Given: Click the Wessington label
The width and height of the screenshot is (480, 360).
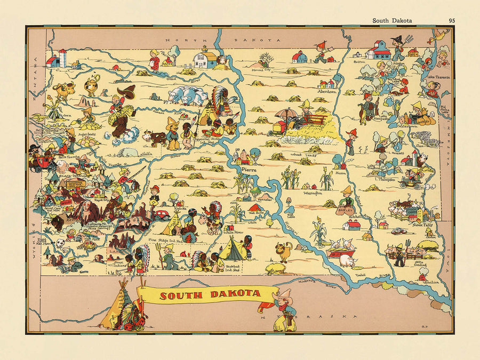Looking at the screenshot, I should pyautogui.click(x=312, y=193).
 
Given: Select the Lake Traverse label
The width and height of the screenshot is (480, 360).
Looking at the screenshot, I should pyautogui.click(x=439, y=77).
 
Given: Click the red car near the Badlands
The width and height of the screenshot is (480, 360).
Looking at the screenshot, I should pyautogui.click(x=162, y=214).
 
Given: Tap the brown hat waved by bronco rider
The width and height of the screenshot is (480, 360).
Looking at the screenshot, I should pyautogui.click(x=127, y=91).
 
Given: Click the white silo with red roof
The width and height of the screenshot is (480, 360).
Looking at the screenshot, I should pyautogui.click(x=62, y=57).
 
